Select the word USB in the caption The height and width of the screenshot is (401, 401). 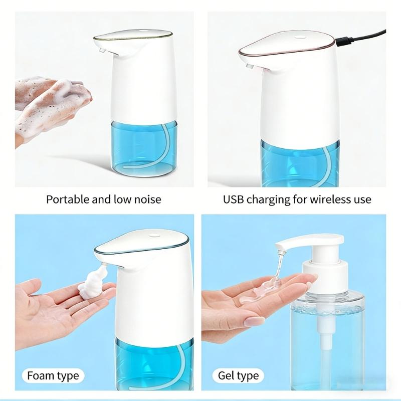[x=234, y=199]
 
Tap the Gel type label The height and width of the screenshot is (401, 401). [x=238, y=375]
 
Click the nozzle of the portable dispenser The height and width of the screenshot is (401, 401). [x=101, y=51]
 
